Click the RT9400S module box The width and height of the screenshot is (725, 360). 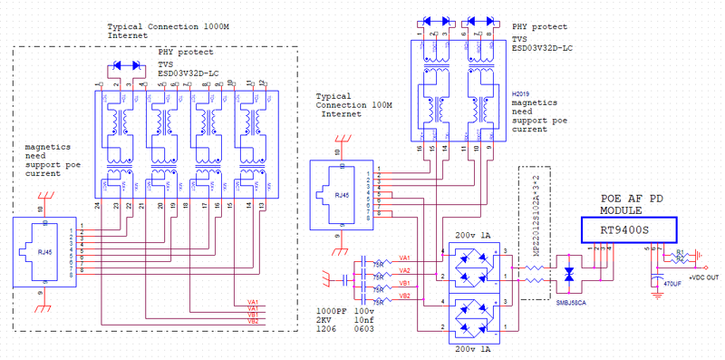click(626, 230)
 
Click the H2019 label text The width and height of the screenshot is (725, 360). click(521, 93)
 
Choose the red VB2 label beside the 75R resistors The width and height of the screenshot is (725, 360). click(404, 296)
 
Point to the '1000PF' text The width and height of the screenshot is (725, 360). click(330, 310)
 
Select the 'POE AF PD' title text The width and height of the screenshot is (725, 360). click(639, 197)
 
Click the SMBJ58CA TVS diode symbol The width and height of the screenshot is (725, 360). click(569, 275)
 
